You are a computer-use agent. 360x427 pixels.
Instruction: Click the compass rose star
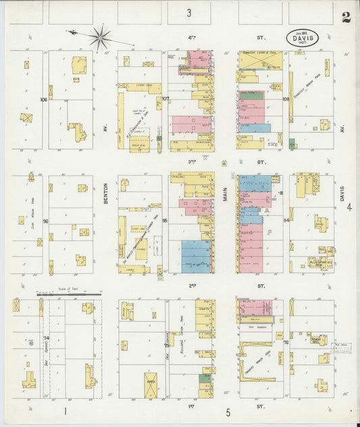(x=101, y=37)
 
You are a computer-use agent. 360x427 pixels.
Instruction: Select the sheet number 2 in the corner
(x=346, y=18)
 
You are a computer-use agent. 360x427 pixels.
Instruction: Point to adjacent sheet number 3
(x=189, y=13)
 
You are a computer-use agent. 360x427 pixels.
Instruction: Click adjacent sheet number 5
(x=228, y=411)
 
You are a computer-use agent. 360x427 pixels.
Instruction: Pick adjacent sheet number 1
(x=66, y=411)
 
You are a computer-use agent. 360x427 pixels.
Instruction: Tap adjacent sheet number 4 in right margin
(x=349, y=207)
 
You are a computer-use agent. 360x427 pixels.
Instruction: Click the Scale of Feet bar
(x=69, y=295)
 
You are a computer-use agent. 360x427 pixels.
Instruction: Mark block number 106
(x=44, y=99)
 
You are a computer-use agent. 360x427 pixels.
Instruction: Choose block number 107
(x=165, y=99)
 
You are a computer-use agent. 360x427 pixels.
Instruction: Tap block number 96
(x=45, y=221)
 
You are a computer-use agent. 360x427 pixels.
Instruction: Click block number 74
(x=47, y=337)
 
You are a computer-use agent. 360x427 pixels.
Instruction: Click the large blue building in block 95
(x=196, y=256)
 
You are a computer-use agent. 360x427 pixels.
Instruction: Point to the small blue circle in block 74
(x=31, y=343)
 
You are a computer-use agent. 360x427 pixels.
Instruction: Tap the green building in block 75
(x=204, y=380)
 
